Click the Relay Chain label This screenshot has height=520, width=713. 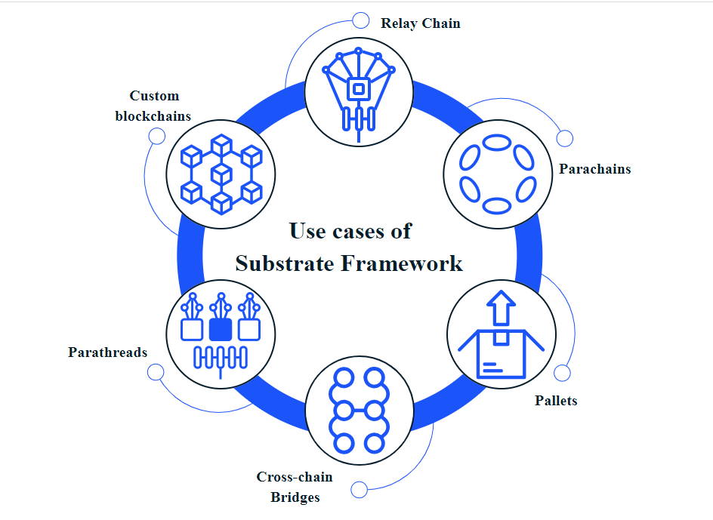click(x=420, y=23)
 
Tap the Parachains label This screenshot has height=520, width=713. click(x=594, y=169)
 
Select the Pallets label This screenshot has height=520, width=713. click(x=556, y=401)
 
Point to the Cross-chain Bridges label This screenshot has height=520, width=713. click(x=294, y=487)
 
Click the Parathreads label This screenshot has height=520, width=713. click(x=107, y=352)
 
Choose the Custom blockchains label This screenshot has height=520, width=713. click(x=153, y=106)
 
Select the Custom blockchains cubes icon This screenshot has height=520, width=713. click(x=221, y=174)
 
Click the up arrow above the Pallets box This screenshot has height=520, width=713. click(x=500, y=308)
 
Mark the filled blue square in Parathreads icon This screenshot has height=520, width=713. click(x=221, y=329)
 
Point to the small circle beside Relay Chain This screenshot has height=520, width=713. click(x=361, y=20)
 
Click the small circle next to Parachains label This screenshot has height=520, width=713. click(x=564, y=139)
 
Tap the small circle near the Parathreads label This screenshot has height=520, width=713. click(x=156, y=372)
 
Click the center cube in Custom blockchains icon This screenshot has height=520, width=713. click(x=221, y=174)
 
